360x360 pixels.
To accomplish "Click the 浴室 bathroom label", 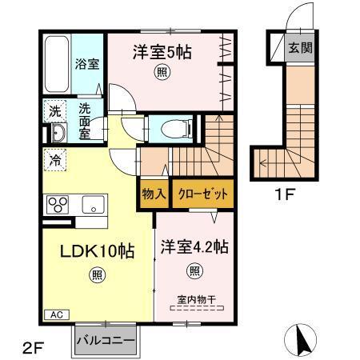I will coord(88,65).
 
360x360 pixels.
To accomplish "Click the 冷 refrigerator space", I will coord(54,159).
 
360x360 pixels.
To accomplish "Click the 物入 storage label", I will coord(154,194).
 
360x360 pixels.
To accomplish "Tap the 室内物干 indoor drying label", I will coord(194,300).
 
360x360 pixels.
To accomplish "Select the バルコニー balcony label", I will coord(106,340).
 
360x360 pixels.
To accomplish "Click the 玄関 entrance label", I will coord(301,46).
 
